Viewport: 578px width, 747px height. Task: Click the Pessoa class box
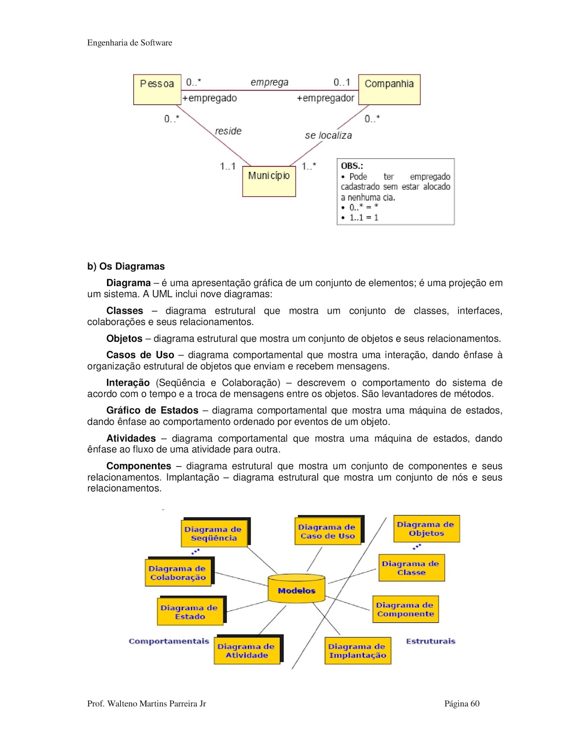157,89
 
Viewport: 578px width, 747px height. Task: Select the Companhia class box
389,89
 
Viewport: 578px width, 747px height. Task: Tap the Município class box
269,181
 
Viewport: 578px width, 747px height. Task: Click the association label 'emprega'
269,83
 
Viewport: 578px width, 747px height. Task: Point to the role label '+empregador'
325,98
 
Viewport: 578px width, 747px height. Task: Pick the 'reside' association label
228,131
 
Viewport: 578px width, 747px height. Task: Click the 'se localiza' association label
328,135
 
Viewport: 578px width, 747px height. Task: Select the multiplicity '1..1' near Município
228,166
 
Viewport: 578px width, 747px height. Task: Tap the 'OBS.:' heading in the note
352,166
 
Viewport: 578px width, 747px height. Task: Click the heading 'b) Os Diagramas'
126,266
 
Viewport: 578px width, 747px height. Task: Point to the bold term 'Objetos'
124,338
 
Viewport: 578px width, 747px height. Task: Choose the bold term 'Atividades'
131,438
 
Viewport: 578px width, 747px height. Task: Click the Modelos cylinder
296,589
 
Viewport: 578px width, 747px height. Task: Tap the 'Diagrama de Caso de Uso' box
327,531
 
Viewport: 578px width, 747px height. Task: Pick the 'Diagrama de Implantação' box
357,651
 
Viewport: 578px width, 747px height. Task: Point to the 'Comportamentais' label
169,641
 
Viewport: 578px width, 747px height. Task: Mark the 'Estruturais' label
430,641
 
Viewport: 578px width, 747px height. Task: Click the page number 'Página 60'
462,704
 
